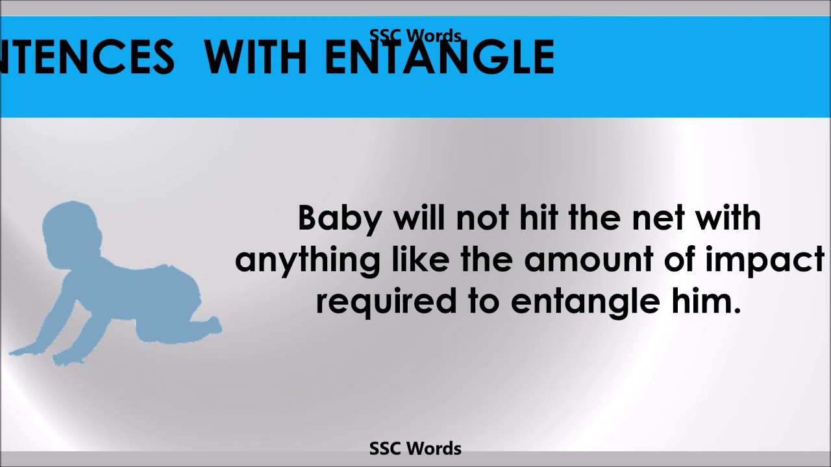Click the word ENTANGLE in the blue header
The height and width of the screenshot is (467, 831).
(440, 57)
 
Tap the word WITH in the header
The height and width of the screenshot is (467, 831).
(255, 57)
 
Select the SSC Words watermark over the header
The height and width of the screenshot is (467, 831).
(415, 36)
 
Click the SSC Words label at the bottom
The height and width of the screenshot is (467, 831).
(415, 448)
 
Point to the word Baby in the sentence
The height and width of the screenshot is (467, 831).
(340, 219)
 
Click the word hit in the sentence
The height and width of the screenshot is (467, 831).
(540, 218)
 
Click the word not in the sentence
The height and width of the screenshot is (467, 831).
(482, 219)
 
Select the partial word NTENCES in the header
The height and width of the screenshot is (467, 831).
(88, 57)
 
